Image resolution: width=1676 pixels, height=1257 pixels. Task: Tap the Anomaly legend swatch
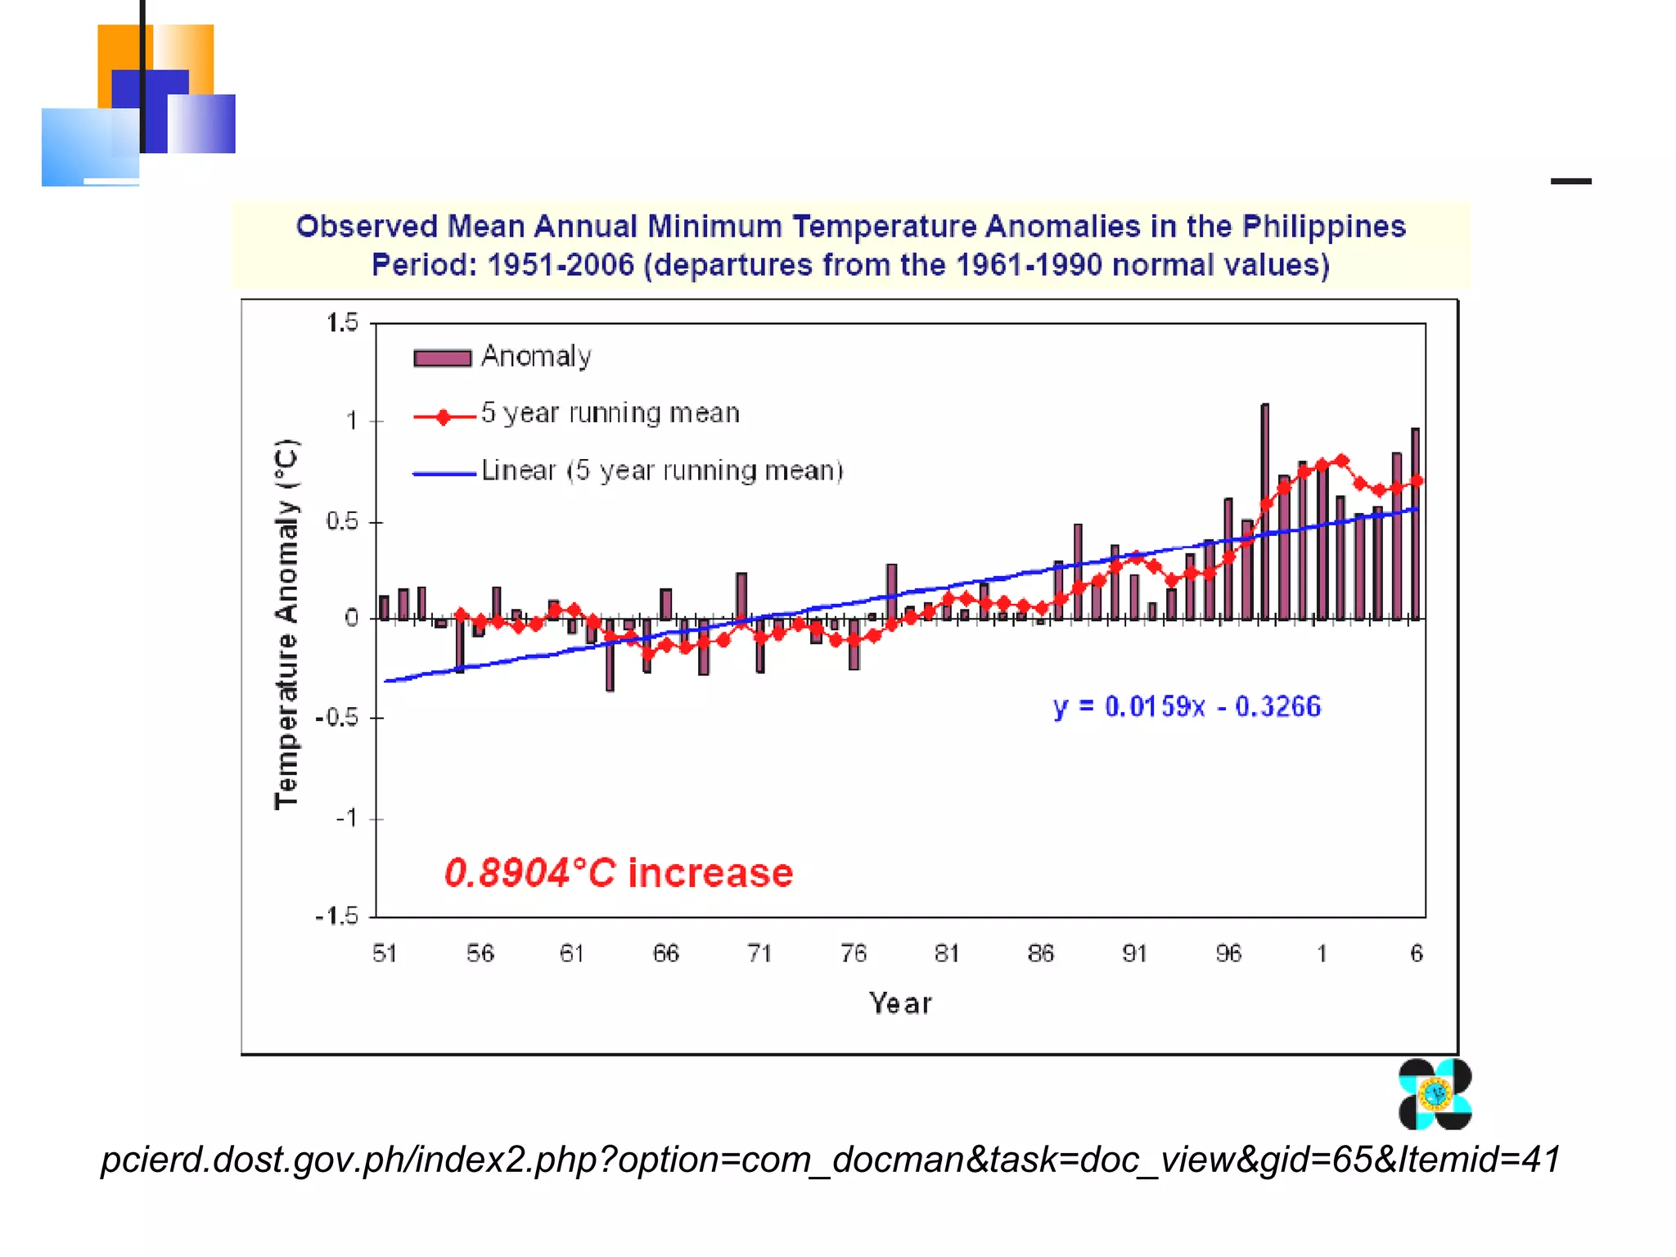tap(442, 358)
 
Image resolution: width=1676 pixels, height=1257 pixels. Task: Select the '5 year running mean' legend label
tap(610, 413)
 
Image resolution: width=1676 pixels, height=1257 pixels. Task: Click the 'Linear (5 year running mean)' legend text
tap(661, 471)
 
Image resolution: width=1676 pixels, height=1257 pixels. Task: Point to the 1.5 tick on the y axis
tap(342, 323)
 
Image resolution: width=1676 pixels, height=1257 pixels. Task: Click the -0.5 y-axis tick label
tap(337, 718)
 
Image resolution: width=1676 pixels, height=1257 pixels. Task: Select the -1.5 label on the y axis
tap(337, 916)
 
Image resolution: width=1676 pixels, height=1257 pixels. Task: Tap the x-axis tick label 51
tap(385, 953)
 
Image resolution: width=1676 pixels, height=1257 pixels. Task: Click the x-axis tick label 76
tap(853, 953)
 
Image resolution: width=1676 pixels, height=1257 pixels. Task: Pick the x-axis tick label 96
tap(1228, 953)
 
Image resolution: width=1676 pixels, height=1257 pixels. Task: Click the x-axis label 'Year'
tap(900, 1003)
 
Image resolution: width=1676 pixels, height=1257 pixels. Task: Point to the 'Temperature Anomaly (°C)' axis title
tap(286, 624)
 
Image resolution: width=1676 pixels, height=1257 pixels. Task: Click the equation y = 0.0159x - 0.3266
tap(1187, 706)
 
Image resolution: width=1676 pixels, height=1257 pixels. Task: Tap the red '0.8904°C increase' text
tap(619, 873)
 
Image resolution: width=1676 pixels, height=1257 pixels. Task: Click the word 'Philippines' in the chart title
tap(1323, 227)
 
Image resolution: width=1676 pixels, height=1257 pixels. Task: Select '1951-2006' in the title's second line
tap(561, 265)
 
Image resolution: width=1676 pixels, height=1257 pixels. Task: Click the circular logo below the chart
tap(1435, 1094)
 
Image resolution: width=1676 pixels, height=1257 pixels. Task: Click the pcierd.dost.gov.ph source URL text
tap(830, 1160)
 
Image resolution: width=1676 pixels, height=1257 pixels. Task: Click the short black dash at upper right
tap(1570, 181)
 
